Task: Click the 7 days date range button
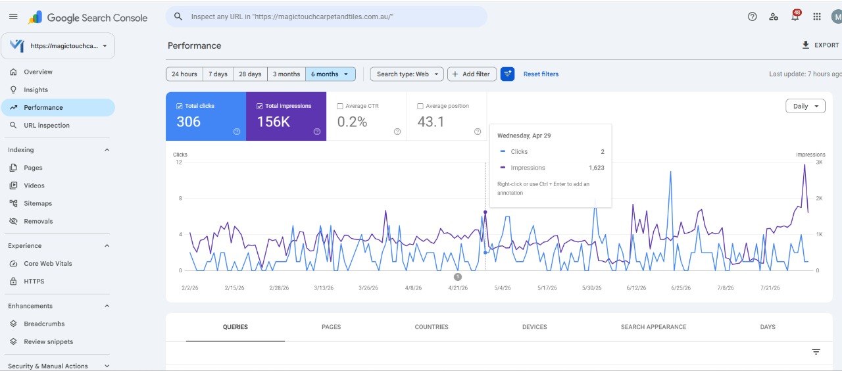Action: (218, 74)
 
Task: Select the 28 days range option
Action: (250, 74)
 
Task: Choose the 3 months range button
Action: (286, 74)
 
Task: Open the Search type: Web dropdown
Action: (407, 74)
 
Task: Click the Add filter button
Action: (472, 74)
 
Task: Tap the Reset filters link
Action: (541, 74)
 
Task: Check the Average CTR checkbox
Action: (340, 107)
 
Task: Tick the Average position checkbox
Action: (420, 107)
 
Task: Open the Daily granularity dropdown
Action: (805, 106)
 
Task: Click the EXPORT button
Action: (820, 45)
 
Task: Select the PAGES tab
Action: (331, 327)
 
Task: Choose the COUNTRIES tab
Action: (432, 327)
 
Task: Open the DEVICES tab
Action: (535, 327)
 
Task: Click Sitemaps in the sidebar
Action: (37, 203)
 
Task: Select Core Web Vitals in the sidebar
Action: (48, 264)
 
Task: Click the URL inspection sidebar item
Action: (47, 125)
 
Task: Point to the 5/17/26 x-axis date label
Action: (547, 288)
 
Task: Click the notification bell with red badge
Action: (795, 16)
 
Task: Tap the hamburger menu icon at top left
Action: (13, 16)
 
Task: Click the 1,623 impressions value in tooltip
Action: (597, 168)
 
